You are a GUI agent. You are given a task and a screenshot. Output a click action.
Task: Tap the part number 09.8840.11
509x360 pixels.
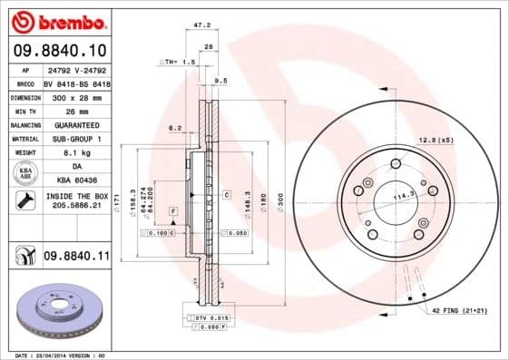coord(75,257)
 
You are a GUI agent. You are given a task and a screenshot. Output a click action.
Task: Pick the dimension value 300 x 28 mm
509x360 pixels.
coord(75,95)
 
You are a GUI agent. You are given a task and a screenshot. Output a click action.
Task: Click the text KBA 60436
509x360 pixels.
coord(75,181)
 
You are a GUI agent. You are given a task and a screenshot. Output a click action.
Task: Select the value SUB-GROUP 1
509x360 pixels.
coord(75,139)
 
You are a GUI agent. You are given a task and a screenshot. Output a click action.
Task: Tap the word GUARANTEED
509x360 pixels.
coord(75,124)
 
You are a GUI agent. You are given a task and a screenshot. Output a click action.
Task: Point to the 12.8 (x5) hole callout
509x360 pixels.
coord(436,140)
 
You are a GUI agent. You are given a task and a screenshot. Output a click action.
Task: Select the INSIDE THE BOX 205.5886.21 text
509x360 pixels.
coord(75,201)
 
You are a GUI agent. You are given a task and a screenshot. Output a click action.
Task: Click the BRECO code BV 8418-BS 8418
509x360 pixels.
coord(75,81)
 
